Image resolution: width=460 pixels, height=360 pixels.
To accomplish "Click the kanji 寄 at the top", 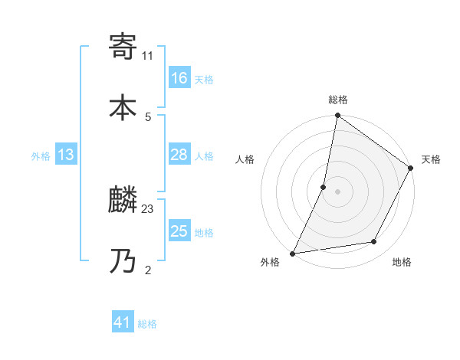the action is coord(123,47).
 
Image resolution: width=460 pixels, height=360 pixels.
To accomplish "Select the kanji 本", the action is coord(123,106).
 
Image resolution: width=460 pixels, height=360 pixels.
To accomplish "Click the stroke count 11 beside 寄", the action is coord(148,55).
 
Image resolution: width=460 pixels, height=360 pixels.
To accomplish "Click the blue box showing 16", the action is coord(179,78).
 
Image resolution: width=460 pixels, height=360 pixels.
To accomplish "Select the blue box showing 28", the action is coord(179,155).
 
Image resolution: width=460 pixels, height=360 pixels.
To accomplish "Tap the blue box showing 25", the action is coord(179,231).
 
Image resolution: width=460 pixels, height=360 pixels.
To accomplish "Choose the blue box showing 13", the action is coord(66,155).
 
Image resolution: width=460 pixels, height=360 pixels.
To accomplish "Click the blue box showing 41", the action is coord(123,323).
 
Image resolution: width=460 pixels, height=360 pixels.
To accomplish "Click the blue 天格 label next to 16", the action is coord(204,80).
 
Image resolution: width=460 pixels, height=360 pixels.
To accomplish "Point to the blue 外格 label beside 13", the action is coord(41,156).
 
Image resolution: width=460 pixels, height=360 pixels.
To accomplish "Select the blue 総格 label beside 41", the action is coord(147,325).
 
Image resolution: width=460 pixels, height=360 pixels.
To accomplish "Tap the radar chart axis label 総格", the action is coord(338,100).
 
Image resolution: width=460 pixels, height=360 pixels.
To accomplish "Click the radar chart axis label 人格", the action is coord(245,159).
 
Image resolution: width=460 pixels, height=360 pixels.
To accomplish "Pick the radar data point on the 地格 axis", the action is coord(374,241).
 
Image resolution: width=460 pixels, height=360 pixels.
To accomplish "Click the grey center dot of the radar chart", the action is coord(337,191).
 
